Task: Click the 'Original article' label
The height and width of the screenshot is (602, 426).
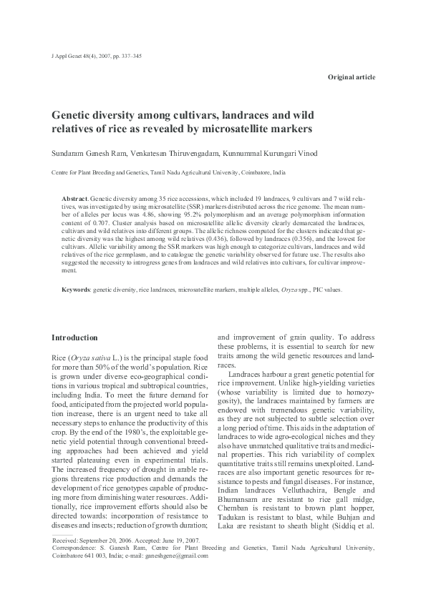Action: tap(351, 77)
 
